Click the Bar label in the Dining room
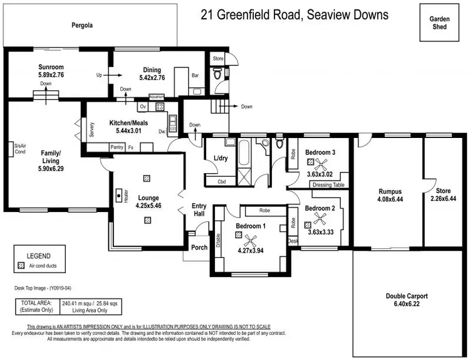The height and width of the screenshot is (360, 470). click(x=195, y=75)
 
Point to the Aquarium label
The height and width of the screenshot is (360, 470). click(x=157, y=97)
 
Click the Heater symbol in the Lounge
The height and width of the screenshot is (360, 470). click(x=118, y=195)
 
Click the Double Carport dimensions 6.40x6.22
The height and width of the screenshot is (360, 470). click(x=407, y=304)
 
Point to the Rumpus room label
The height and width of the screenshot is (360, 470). click(x=389, y=191)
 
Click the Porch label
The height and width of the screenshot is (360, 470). click(x=199, y=246)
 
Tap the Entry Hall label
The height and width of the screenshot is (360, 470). click(x=199, y=210)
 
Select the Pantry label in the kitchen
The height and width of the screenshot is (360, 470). click(x=116, y=147)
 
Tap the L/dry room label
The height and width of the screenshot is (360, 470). click(x=221, y=157)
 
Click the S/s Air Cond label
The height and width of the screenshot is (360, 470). click(x=19, y=149)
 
